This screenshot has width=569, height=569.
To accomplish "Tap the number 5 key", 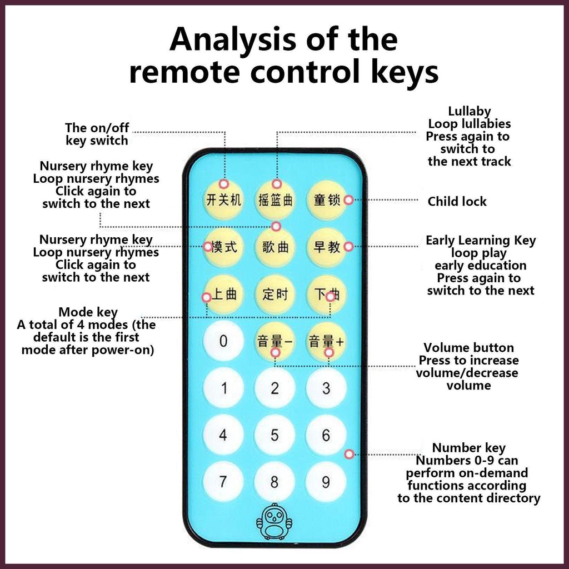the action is click(x=274, y=435).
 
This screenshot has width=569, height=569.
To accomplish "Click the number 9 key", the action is click(x=326, y=482).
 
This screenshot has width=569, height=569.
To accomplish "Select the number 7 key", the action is click(x=223, y=482).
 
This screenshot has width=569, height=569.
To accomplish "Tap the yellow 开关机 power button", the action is click(x=223, y=199).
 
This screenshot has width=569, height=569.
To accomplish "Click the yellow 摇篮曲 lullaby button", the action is click(x=274, y=199).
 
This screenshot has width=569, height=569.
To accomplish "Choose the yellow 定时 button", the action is click(x=274, y=294).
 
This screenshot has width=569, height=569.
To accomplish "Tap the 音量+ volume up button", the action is click(x=326, y=341).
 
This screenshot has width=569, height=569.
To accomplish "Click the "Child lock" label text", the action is click(x=457, y=201).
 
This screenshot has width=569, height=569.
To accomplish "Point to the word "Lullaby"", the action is click(x=469, y=111).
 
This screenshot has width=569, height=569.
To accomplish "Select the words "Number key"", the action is click(x=468, y=448).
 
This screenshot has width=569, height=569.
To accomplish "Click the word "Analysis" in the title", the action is click(x=232, y=40).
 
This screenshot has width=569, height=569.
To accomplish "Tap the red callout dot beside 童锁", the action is click(x=348, y=199).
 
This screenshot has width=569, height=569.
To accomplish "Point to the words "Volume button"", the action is click(x=468, y=348).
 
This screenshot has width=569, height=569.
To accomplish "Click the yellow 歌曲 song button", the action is click(x=274, y=247).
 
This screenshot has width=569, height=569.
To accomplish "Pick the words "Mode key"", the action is click(x=88, y=312).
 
